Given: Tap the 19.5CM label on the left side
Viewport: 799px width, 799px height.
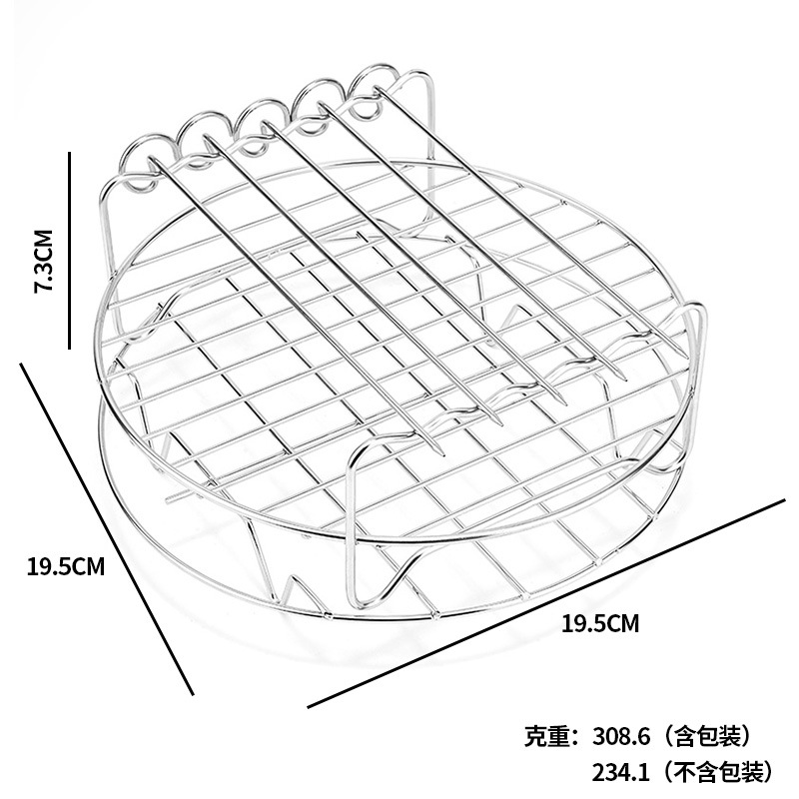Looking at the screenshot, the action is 66,567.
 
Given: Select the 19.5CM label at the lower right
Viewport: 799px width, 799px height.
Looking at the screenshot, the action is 599,625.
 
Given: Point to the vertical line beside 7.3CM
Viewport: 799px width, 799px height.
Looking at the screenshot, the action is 69,250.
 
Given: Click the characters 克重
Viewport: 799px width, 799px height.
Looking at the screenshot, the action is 545,738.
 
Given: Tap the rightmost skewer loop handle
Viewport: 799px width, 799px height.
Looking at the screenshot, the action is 377,83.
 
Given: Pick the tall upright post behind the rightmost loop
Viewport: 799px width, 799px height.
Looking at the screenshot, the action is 431,120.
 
